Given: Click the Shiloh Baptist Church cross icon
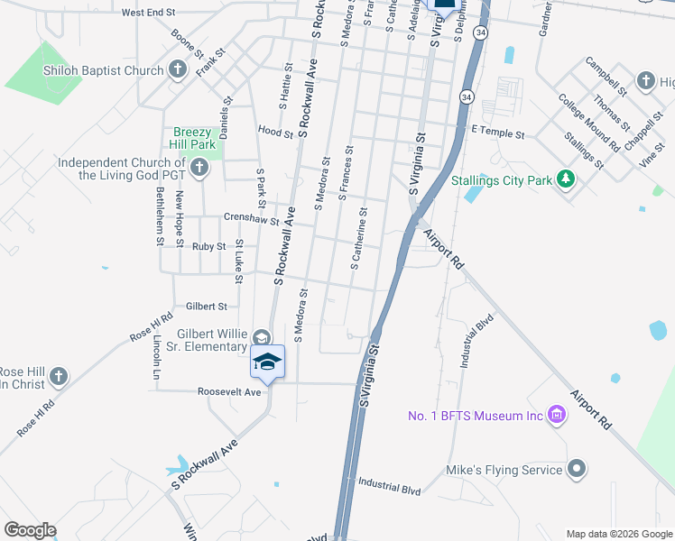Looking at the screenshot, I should click(x=178, y=69).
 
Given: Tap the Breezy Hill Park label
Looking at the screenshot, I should click(x=194, y=138).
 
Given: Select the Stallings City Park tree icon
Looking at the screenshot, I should click(x=566, y=179).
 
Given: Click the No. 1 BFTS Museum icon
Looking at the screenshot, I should click(x=557, y=416).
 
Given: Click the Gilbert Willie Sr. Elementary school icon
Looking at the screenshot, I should click(x=261, y=337).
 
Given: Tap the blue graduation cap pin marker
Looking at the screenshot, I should click(x=267, y=362).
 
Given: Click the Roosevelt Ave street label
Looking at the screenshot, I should click(x=229, y=392).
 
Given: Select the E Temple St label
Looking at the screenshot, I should click(x=497, y=133).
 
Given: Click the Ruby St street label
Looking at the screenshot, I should click(x=208, y=246).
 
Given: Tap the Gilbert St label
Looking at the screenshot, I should click(x=206, y=307).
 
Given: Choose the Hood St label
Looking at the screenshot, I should click(x=275, y=132).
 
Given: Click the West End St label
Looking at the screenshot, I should click(x=148, y=13).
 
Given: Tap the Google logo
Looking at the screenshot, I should click(x=30, y=530).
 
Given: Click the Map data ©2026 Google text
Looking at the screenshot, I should click(x=618, y=534).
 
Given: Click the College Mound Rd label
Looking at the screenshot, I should click(x=588, y=123).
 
